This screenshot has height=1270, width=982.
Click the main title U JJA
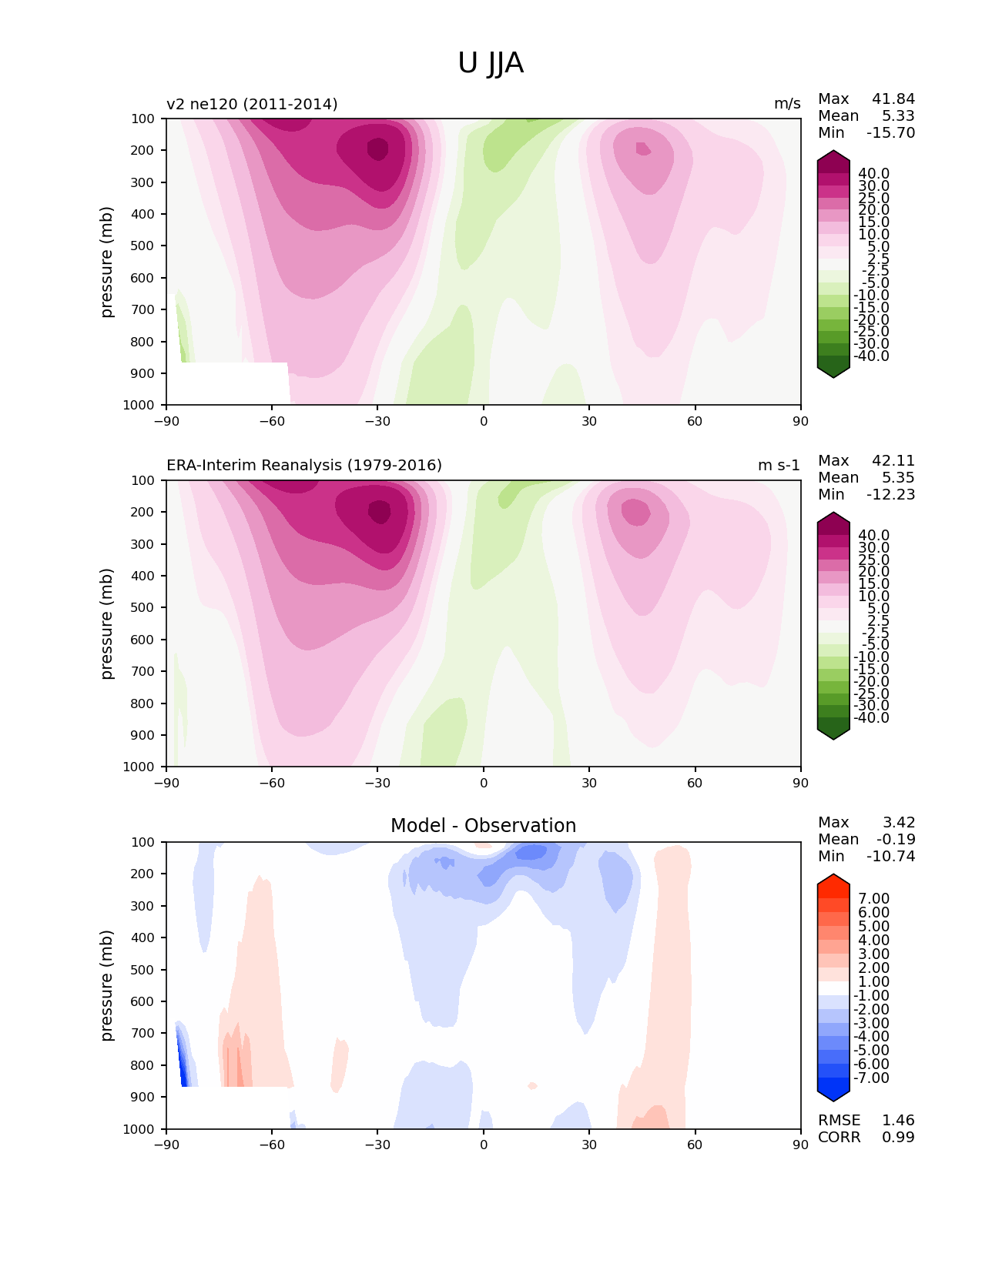coord(491,63)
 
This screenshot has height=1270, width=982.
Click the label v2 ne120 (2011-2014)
coord(252,104)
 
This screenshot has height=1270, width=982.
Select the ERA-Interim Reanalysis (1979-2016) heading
coord(304,466)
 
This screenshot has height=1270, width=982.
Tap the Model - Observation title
coord(483,826)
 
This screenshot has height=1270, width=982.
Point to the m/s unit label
coord(787,104)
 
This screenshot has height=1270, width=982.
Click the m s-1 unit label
coord(779,466)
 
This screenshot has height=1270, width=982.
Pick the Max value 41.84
coord(893,99)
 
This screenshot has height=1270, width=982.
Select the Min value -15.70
coord(890,133)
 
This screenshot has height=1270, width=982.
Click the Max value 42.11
coord(893,461)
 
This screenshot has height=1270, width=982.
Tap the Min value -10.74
coord(890,857)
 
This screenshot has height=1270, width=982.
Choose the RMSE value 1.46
coord(898,1121)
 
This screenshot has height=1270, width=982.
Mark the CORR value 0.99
coord(898,1138)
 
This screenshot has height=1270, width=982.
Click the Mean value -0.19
coord(895,840)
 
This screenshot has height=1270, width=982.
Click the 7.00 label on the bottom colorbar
coord(873,899)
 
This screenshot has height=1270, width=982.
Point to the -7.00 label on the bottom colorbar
coord(871,1078)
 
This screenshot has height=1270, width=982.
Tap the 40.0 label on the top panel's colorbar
coord(873,174)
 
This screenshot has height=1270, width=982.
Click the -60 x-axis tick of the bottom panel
coord(272,1145)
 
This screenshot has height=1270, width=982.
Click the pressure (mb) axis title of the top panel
coord(107,262)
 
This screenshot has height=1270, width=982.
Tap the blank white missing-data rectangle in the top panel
coord(228,383)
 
